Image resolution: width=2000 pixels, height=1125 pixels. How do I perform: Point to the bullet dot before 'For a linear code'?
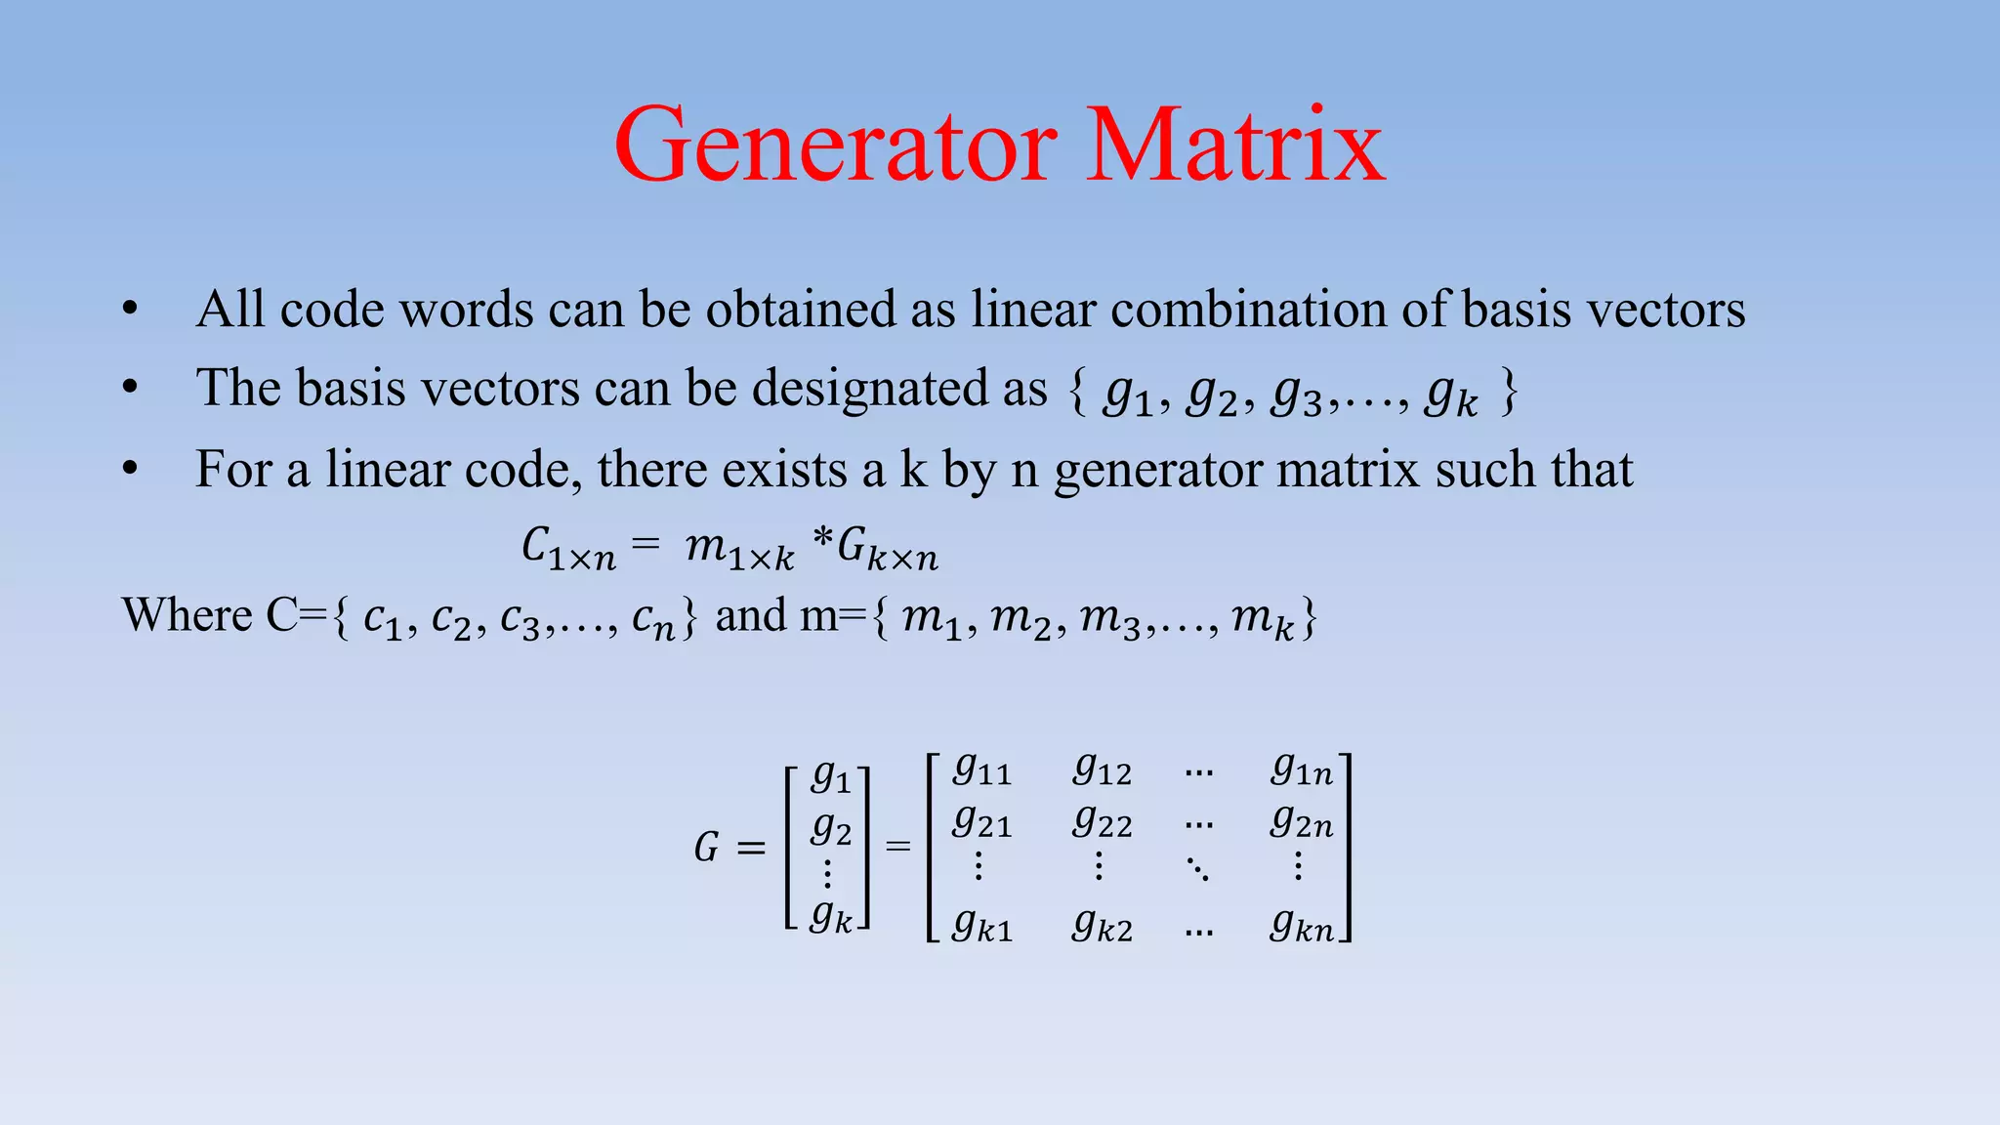point(131,470)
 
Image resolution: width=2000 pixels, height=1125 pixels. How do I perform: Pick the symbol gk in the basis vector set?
point(1451,395)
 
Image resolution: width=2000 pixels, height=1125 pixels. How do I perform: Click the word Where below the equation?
point(187,615)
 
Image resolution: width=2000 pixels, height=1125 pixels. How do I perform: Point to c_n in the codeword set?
point(653,619)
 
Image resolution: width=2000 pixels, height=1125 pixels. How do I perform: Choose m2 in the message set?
point(1021,619)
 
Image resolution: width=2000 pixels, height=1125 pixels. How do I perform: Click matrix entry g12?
point(1102,771)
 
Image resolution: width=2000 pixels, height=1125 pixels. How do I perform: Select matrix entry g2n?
point(1301,822)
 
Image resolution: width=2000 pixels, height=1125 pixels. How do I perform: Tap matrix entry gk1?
point(981,924)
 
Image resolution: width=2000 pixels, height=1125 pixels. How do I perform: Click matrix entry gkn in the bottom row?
point(1301,924)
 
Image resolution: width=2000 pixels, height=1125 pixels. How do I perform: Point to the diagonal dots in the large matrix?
point(1198,868)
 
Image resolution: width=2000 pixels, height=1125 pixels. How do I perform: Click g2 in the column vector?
point(831,829)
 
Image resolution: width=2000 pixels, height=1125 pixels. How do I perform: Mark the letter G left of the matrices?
point(706,848)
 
